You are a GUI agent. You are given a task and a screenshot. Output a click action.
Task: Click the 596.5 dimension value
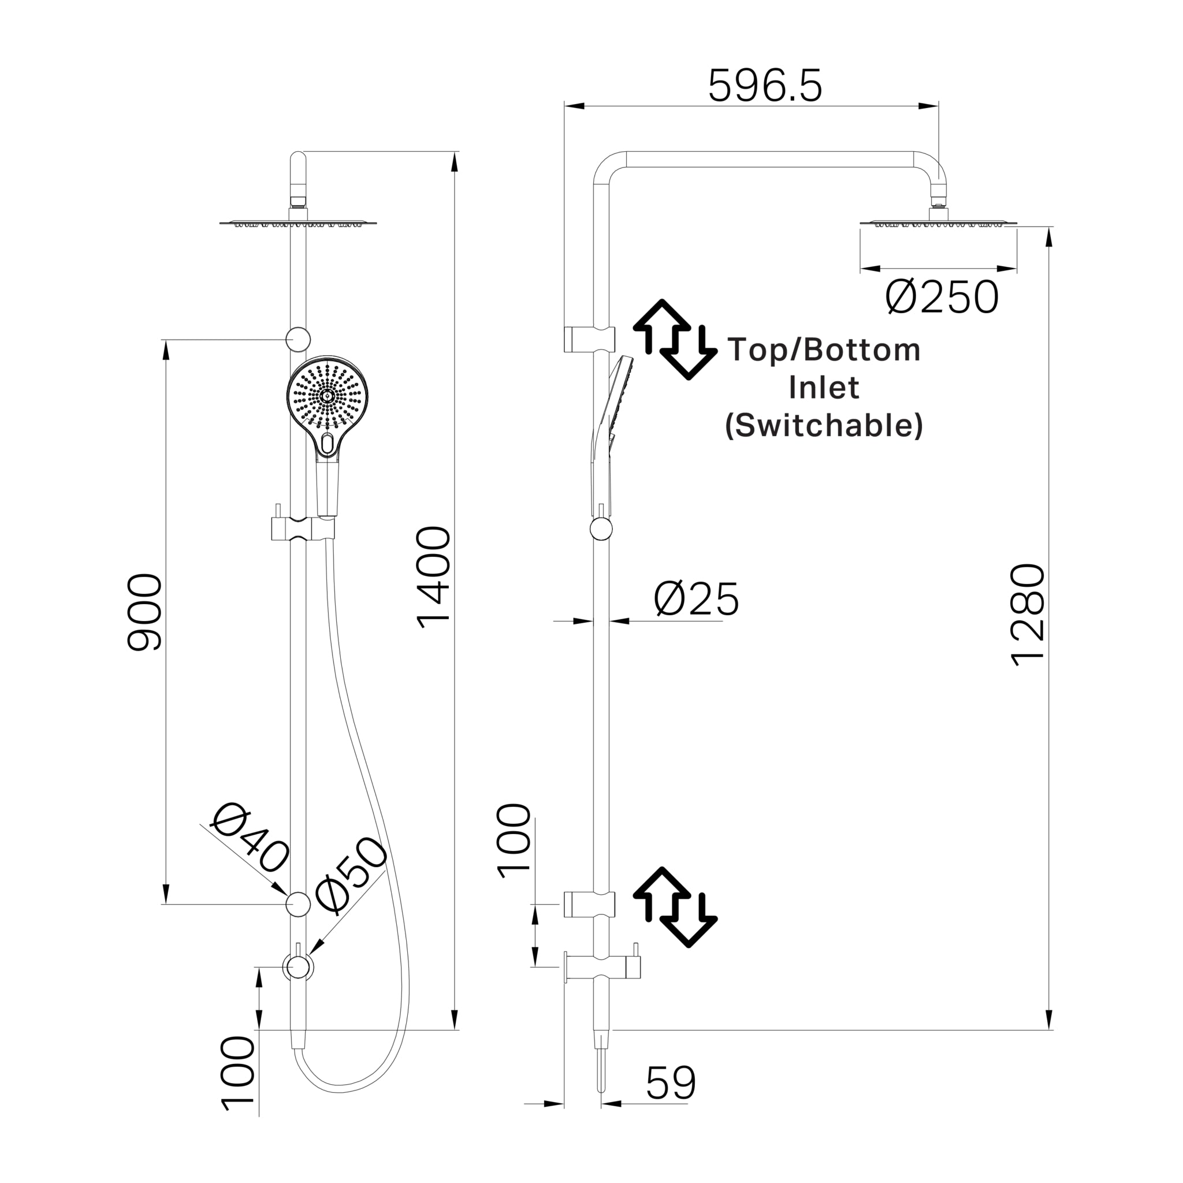coord(765,86)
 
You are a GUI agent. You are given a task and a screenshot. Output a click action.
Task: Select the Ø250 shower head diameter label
coord(942,298)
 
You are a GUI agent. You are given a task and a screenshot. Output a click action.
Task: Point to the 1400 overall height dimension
coord(434,578)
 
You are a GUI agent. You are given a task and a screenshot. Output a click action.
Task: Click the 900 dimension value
coord(144,612)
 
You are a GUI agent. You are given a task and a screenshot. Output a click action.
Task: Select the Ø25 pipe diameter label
coord(696,600)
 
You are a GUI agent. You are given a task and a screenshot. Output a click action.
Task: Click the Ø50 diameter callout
coord(351,875)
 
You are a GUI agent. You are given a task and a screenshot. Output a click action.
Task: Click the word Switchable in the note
coord(824,426)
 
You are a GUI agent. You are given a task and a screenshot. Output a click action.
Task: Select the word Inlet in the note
coord(824,388)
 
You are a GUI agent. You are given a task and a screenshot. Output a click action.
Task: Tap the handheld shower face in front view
coord(328,396)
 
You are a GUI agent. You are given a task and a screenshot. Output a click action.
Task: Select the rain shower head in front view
coord(297,223)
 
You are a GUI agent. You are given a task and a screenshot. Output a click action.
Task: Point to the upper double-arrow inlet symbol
coord(675,339)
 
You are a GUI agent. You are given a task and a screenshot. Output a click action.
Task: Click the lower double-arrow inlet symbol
coord(675,907)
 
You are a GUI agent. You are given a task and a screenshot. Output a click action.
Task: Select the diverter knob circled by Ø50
coord(297,968)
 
